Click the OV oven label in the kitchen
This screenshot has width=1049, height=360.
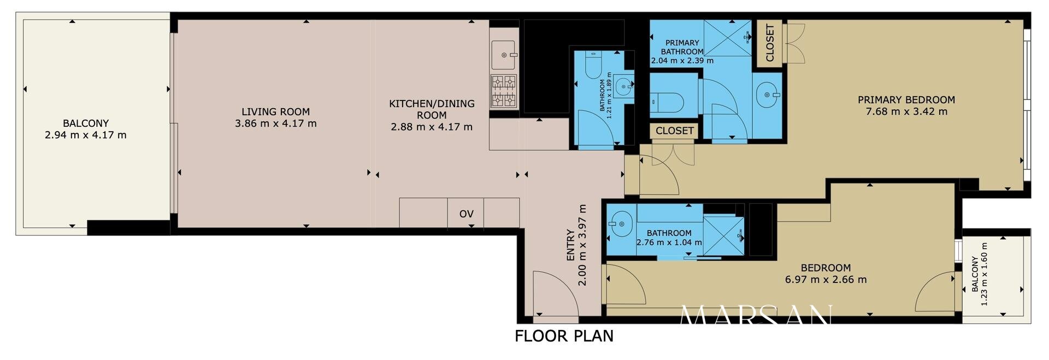[x=466, y=214]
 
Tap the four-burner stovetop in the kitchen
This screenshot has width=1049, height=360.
[x=504, y=91]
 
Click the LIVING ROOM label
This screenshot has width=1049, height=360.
[x=276, y=112]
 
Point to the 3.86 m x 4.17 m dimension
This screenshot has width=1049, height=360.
[x=276, y=123]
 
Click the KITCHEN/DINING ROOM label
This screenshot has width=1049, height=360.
[x=432, y=109]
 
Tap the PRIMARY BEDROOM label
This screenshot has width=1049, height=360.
[x=906, y=100]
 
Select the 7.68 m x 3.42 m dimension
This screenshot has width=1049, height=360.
[x=906, y=112]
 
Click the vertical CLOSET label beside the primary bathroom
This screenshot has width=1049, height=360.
[x=770, y=43]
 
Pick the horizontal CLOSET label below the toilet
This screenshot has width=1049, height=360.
[x=675, y=131]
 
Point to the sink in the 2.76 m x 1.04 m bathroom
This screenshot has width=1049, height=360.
[x=620, y=225]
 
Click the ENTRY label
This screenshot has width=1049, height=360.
[x=570, y=245]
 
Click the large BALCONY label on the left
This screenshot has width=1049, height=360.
[x=86, y=123]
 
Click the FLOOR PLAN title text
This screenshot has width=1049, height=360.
[x=564, y=336]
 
